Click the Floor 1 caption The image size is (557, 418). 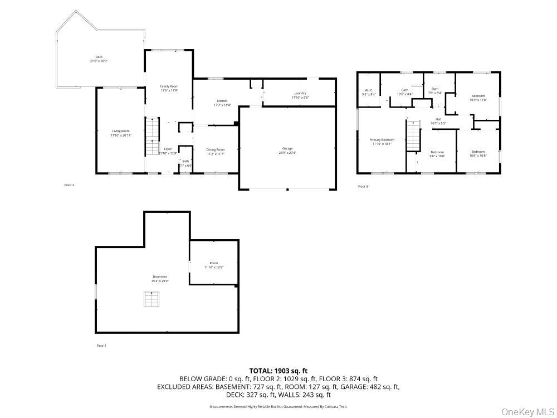coord(101,346)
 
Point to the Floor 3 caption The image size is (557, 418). coord(363,186)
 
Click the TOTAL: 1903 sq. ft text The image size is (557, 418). coord(278,371)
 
